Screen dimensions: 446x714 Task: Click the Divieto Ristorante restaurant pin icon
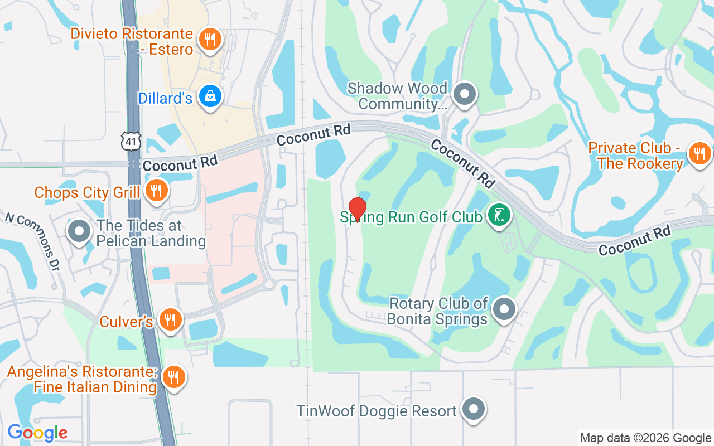point(210,39)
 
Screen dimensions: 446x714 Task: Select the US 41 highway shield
point(131,142)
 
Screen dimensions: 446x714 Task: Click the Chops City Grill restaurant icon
point(156,191)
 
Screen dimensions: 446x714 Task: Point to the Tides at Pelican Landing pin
point(79,231)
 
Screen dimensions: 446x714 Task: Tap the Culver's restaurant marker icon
point(170,319)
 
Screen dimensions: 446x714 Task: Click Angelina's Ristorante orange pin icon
point(173,377)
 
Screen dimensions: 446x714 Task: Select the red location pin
point(357,209)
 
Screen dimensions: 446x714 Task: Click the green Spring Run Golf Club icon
point(499,215)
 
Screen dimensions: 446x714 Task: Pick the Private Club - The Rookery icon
point(699,153)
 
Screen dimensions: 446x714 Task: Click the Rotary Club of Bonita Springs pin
point(504,308)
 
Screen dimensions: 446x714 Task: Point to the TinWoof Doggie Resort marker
point(474,410)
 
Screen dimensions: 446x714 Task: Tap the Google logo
point(37,433)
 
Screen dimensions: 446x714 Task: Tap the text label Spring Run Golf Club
point(411,217)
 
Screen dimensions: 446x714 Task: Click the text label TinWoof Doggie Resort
point(377,411)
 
